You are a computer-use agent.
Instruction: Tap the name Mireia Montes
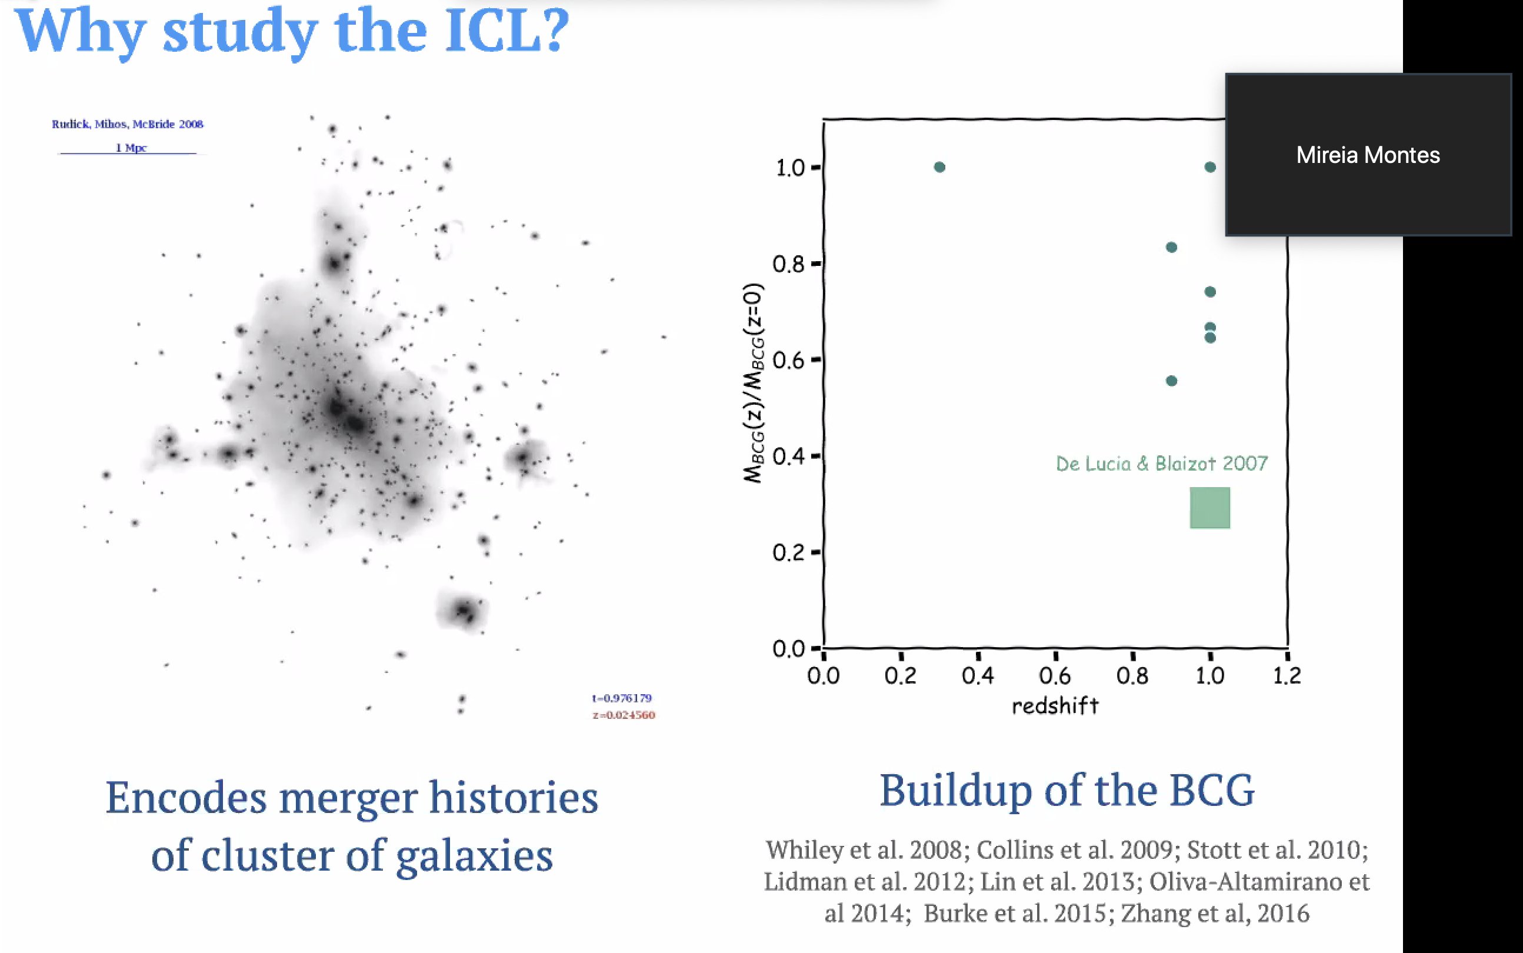(1368, 155)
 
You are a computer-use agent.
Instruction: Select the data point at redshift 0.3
(939, 167)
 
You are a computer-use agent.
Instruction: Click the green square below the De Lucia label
(1210, 507)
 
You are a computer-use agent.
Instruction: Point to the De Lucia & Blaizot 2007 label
(1161, 464)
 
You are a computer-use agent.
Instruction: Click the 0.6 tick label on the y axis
(789, 361)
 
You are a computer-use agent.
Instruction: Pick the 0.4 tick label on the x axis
(978, 676)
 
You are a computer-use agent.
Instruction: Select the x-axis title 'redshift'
(1055, 706)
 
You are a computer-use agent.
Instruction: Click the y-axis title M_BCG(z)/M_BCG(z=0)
(754, 383)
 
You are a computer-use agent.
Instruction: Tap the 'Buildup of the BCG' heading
(1067, 791)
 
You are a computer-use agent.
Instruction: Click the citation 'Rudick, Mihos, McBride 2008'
(127, 124)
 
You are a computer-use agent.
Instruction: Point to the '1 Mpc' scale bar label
(131, 148)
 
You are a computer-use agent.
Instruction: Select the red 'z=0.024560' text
(624, 715)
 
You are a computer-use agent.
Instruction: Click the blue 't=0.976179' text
(622, 698)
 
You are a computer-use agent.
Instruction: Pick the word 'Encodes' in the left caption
(186, 797)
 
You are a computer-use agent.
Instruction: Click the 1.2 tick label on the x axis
(1287, 676)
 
